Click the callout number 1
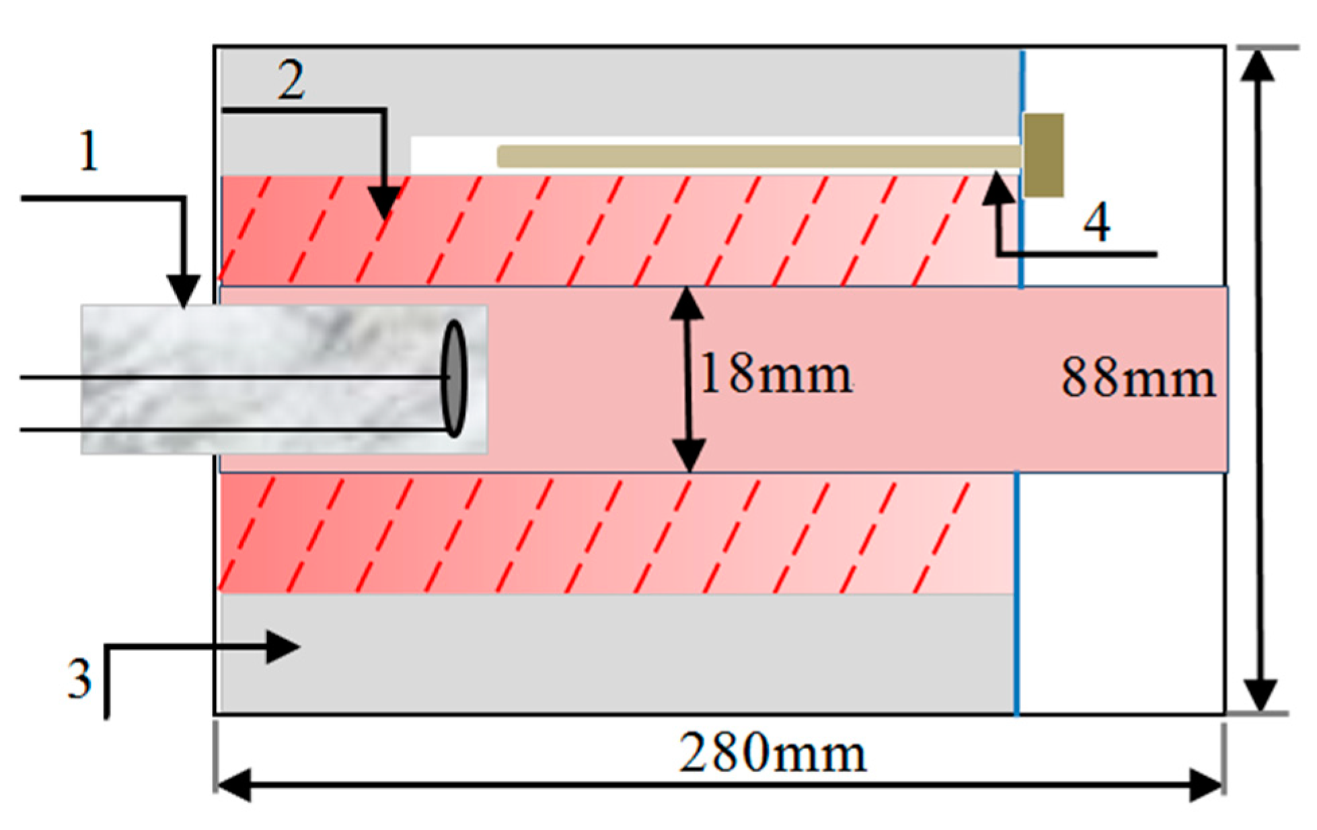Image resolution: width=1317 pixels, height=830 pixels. pyautogui.click(x=89, y=151)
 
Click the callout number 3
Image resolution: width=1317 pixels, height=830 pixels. pyautogui.click(x=79, y=679)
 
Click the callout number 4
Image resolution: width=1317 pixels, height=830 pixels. pyautogui.click(x=1096, y=223)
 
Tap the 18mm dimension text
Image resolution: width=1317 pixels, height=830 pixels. pyautogui.click(x=776, y=375)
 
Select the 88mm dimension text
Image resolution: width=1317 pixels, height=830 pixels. pyautogui.click(x=1138, y=378)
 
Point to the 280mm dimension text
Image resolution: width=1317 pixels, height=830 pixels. pyautogui.click(x=772, y=753)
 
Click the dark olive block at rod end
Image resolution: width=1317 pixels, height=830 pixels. pyautogui.click(x=1043, y=155)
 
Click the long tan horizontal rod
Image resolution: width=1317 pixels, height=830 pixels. pyautogui.click(x=753, y=156)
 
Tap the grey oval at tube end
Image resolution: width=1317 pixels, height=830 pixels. pyautogui.click(x=454, y=378)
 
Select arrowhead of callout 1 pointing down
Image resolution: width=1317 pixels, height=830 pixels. pyautogui.click(x=184, y=291)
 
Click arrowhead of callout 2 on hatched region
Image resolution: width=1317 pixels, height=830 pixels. pyautogui.click(x=384, y=203)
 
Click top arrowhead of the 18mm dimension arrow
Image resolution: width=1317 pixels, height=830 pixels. pyautogui.click(x=687, y=303)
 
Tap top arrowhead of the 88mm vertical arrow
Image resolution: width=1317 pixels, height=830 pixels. pyautogui.click(x=1257, y=65)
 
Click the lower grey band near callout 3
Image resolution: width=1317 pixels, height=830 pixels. pyautogui.click(x=605, y=653)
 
